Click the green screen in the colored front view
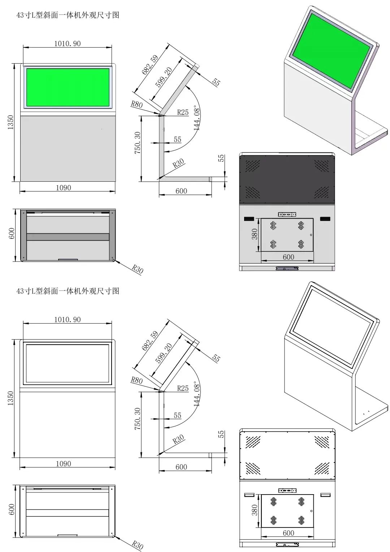68,87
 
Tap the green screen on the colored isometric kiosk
331,50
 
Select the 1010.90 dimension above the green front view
68,43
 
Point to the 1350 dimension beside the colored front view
10,122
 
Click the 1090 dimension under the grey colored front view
64,187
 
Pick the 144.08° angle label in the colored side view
197,118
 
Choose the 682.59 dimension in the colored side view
150,65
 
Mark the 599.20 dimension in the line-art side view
164,353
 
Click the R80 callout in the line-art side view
136,380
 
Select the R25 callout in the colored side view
183,112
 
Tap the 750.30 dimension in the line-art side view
138,419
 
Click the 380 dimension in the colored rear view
255,234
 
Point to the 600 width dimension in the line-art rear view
288,533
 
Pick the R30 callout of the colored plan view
138,269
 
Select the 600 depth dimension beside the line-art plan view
11,509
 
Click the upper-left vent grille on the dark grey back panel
253,165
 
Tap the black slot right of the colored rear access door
325,219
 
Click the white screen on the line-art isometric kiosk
331,327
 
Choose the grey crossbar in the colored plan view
68,237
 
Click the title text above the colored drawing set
68,15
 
